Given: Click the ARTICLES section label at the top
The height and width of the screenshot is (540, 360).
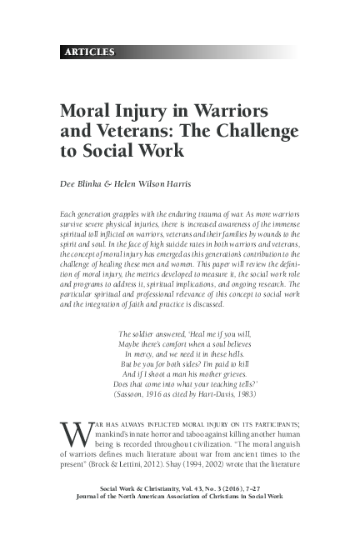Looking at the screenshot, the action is coord(87,52).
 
